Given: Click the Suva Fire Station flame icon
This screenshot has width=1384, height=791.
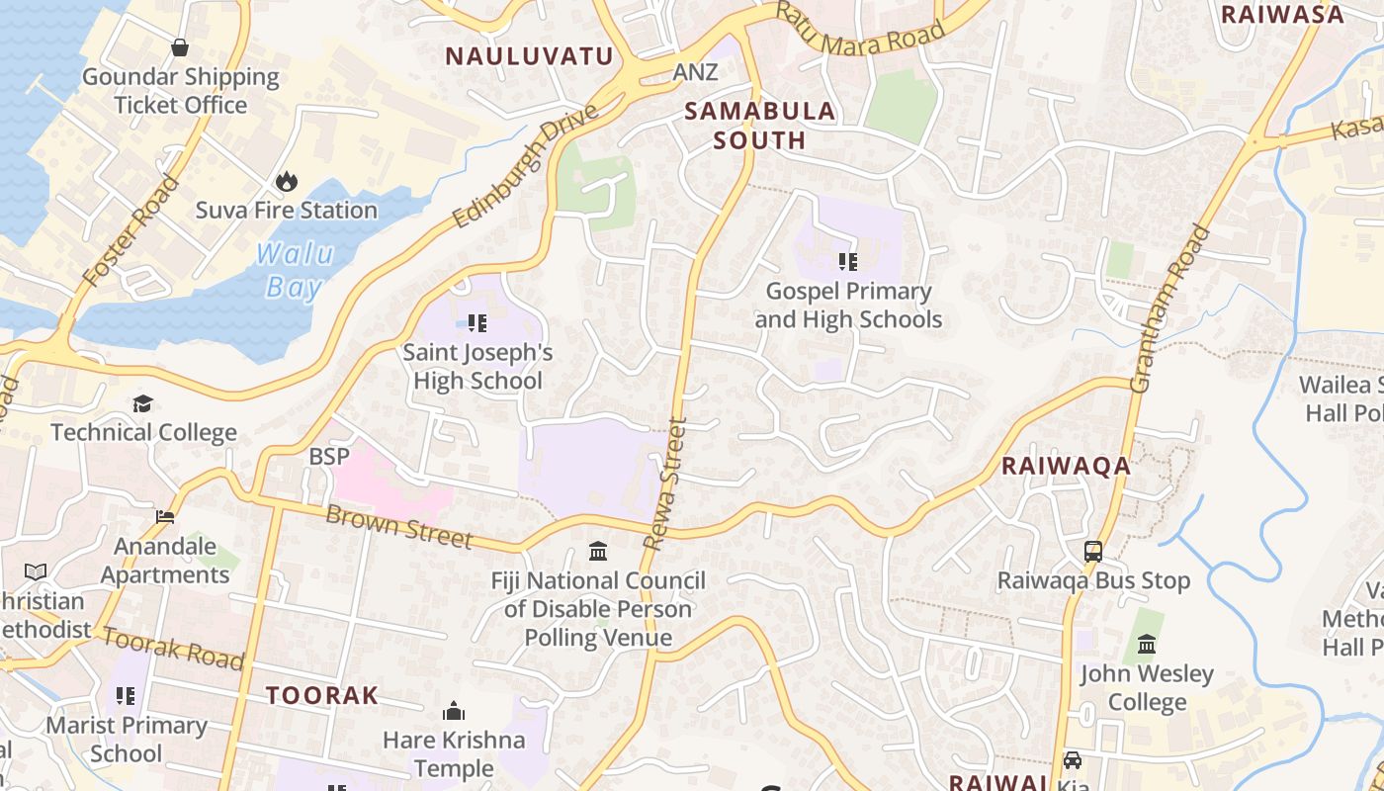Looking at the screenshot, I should (287, 181).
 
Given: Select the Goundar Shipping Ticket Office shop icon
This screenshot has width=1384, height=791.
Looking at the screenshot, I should (180, 46).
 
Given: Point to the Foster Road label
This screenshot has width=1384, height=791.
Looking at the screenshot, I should (132, 231).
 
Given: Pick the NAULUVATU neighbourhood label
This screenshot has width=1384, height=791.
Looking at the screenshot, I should (529, 56).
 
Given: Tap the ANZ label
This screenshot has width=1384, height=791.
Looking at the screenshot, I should (695, 72).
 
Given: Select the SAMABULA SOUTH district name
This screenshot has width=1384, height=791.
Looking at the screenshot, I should (760, 126).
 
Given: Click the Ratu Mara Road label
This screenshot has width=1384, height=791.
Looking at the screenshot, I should (859, 30).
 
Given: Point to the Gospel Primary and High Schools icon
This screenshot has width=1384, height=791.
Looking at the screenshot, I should (847, 262).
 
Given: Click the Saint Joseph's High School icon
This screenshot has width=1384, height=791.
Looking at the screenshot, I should (477, 322).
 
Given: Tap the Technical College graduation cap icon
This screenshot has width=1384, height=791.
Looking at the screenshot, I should (143, 403).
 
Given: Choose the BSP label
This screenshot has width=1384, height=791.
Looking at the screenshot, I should (329, 457).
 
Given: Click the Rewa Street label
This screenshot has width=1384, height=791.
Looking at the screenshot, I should (665, 483).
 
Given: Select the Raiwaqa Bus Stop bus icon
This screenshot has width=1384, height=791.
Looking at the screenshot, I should (1093, 552).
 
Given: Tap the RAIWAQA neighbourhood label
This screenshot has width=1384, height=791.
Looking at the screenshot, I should (1066, 466).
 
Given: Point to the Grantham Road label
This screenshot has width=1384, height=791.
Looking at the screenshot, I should (1170, 309).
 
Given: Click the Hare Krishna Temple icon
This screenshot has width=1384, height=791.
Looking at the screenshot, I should (454, 711).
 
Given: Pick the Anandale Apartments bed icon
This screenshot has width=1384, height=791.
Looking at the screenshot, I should (165, 517).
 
